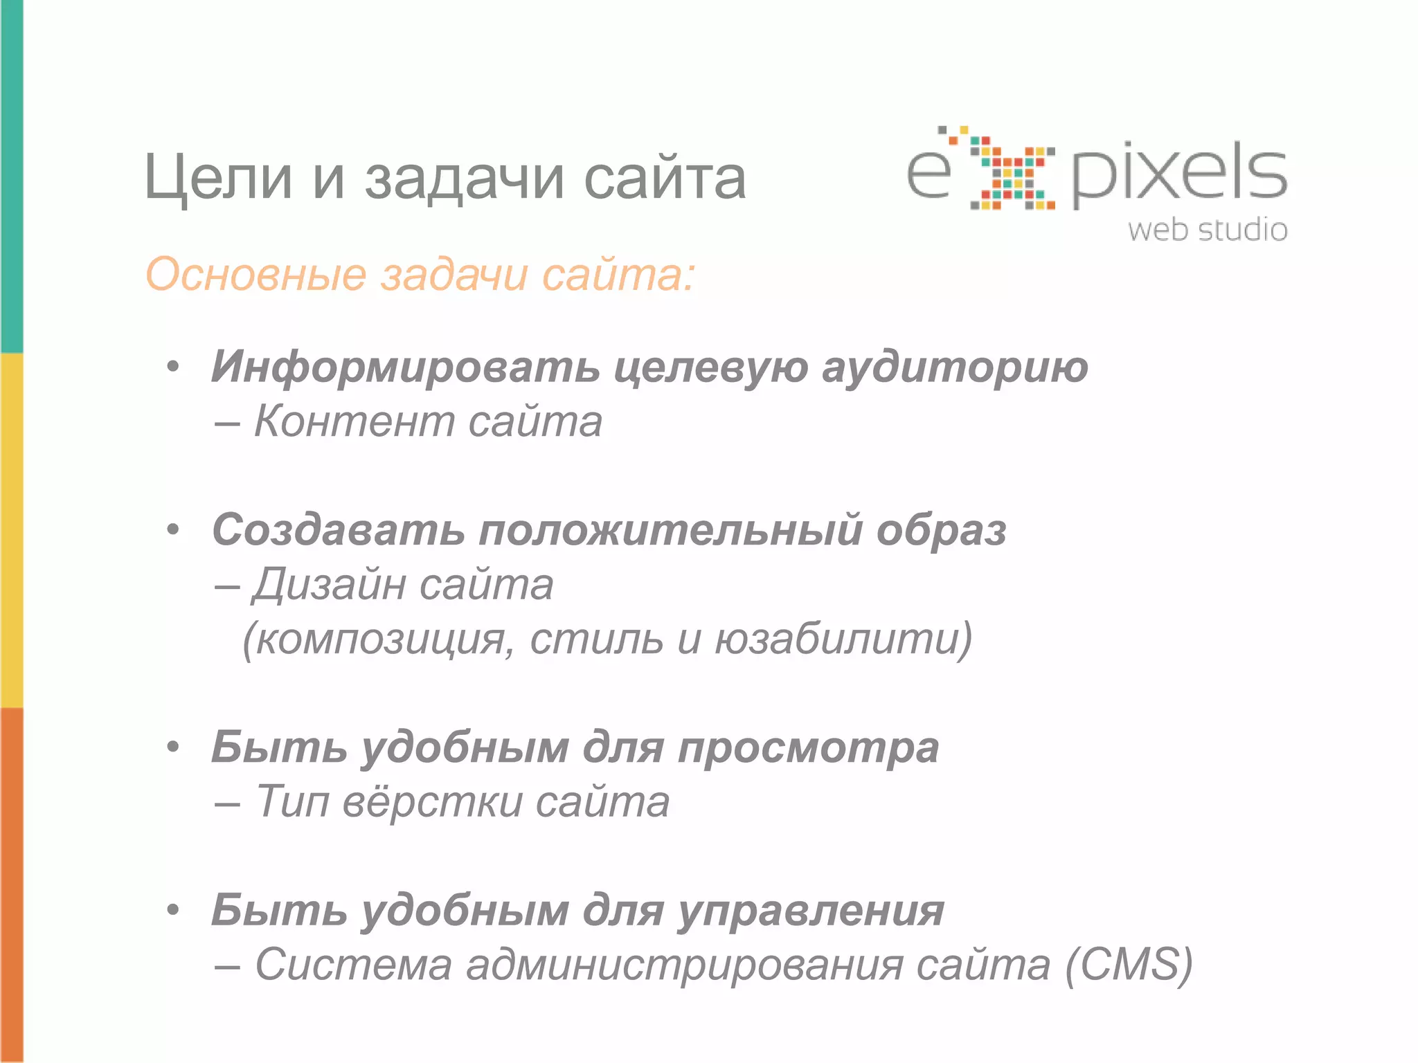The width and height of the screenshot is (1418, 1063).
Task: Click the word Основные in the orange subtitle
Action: [x=255, y=275]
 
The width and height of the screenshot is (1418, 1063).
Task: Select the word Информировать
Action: [x=405, y=367]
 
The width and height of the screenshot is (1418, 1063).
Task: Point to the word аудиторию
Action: [x=955, y=367]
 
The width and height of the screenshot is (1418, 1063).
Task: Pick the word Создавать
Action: [x=338, y=530]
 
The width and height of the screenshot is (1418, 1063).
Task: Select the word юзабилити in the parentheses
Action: [x=842, y=638]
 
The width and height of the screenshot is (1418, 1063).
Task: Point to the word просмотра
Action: [x=808, y=749]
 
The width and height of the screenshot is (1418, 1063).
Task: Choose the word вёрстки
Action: [x=433, y=802]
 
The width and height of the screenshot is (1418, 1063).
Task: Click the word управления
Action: [x=811, y=911]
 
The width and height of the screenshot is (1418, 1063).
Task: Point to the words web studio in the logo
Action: [x=1208, y=230]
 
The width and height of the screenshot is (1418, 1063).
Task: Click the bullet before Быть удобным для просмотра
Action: [x=173, y=747]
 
